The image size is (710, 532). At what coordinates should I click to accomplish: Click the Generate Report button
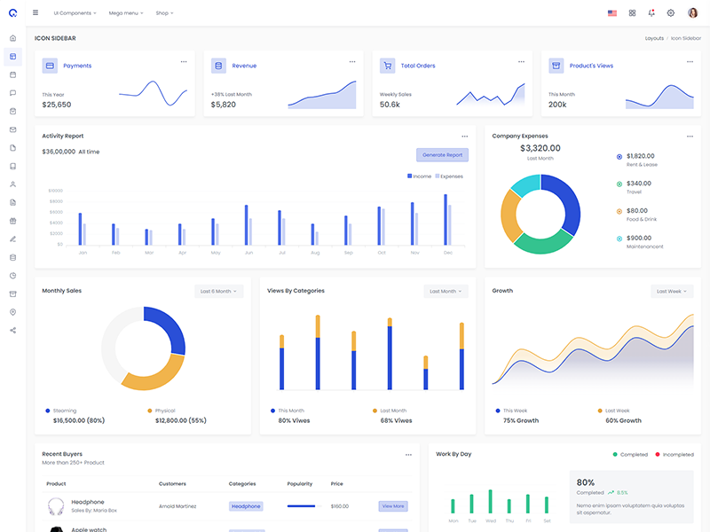click(x=442, y=155)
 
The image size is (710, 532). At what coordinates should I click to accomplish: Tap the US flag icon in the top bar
click(x=612, y=13)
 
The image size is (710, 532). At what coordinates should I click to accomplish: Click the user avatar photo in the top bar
click(x=693, y=13)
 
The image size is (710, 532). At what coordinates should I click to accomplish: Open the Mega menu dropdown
click(x=125, y=13)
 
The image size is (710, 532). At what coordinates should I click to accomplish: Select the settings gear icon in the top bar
click(x=671, y=13)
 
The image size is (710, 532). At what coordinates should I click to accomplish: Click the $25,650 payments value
click(x=57, y=105)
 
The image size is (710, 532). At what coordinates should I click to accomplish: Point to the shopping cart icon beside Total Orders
click(x=387, y=66)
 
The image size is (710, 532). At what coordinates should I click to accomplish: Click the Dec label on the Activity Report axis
click(x=447, y=253)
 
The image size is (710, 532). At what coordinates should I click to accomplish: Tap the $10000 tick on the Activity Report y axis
click(x=55, y=191)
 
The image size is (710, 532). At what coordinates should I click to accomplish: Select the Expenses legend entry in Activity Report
click(x=450, y=176)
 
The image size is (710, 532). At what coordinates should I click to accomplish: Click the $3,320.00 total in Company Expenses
click(x=540, y=148)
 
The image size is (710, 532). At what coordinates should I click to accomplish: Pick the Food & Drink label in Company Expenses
click(x=642, y=219)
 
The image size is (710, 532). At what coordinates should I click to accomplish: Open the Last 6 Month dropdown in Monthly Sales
click(x=218, y=291)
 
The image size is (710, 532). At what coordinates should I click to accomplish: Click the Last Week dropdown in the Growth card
click(x=671, y=291)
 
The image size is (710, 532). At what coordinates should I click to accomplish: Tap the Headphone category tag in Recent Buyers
click(x=246, y=506)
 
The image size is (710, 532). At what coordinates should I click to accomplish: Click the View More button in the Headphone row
click(x=393, y=506)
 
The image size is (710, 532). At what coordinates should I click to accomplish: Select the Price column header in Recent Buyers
click(x=336, y=484)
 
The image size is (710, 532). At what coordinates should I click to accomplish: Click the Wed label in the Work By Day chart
click(x=490, y=521)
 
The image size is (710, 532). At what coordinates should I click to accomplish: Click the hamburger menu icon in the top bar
click(x=35, y=13)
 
